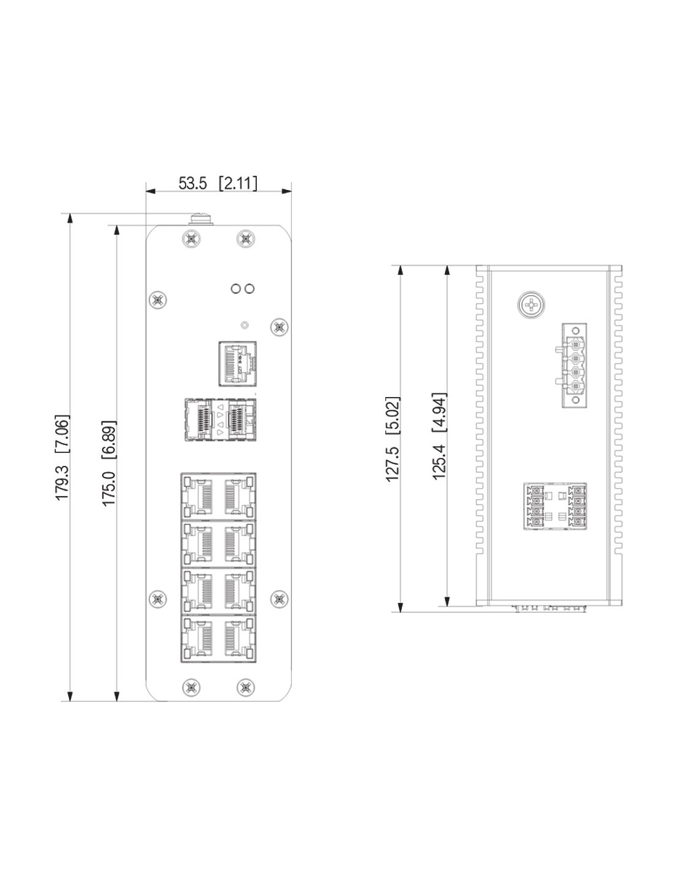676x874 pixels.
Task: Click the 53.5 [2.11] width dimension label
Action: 218,183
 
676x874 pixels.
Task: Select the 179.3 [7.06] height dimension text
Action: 62,457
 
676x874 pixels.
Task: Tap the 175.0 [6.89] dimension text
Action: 109,463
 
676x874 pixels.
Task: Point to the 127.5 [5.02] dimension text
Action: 393,439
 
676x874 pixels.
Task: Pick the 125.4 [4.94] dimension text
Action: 439,436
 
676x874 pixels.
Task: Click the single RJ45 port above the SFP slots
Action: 238,363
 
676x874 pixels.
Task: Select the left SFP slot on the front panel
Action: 198,420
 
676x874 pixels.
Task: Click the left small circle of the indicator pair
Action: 235,288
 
